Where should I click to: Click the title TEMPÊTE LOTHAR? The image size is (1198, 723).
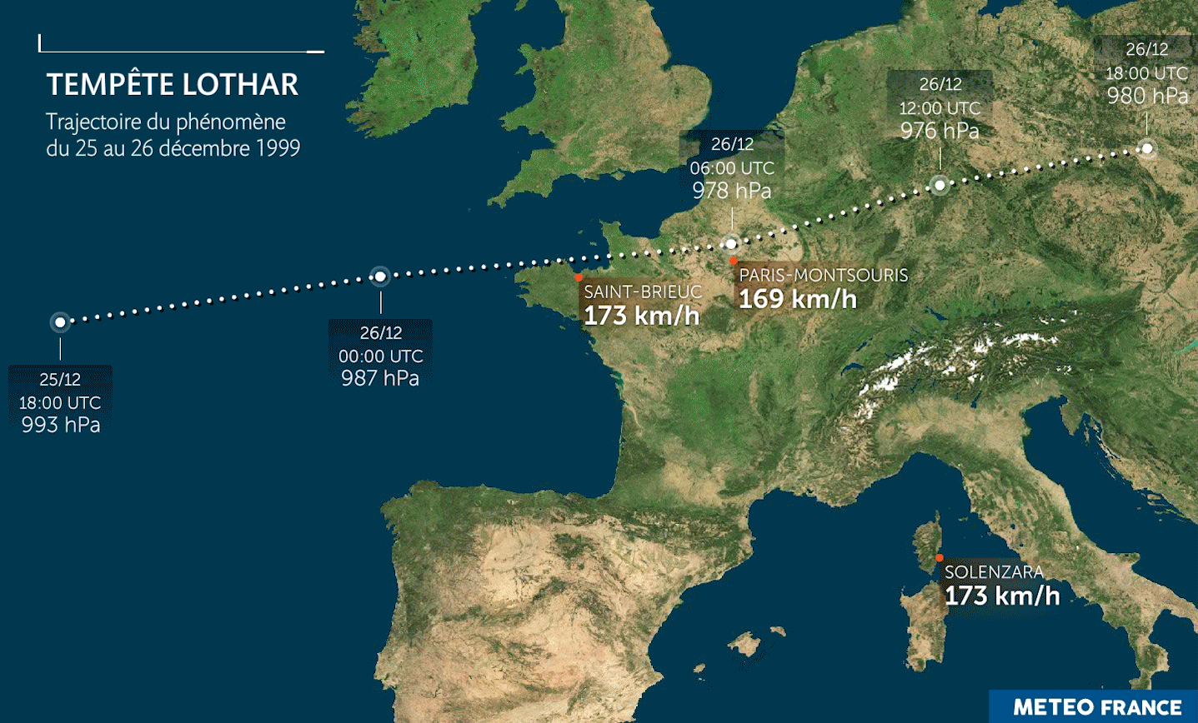pyautogui.click(x=173, y=85)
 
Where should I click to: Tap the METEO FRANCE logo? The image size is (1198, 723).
pyautogui.click(x=1097, y=707)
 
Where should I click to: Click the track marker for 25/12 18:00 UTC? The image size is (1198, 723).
pyautogui.click(x=60, y=322)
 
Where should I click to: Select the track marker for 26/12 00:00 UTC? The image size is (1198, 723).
pyautogui.click(x=380, y=276)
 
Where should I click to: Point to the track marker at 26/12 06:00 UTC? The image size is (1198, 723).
pyautogui.click(x=731, y=244)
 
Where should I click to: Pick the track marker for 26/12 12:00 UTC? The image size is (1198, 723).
pyautogui.click(x=940, y=185)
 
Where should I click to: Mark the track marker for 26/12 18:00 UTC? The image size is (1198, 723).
pyautogui.click(x=1147, y=148)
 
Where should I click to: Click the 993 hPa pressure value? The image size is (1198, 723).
pyautogui.click(x=61, y=425)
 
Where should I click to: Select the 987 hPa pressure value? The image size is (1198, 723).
pyautogui.click(x=380, y=378)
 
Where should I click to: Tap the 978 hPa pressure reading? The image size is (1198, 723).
pyautogui.click(x=732, y=191)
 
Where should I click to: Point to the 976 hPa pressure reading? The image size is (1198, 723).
pyautogui.click(x=940, y=131)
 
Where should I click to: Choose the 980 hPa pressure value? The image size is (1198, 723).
pyautogui.click(x=1147, y=96)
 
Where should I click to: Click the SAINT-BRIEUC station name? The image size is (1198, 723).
pyautogui.click(x=643, y=292)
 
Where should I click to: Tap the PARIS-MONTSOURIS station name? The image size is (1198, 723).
pyautogui.click(x=823, y=275)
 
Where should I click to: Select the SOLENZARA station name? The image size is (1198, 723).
pyautogui.click(x=994, y=572)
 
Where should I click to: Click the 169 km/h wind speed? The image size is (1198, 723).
pyautogui.click(x=798, y=298)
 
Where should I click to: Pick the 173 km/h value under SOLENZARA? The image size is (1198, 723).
pyautogui.click(x=1002, y=596)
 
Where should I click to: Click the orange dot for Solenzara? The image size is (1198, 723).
pyautogui.click(x=940, y=558)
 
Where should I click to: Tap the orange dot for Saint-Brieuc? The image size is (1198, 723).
pyautogui.click(x=579, y=277)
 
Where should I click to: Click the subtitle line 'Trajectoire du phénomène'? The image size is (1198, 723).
pyautogui.click(x=166, y=122)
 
